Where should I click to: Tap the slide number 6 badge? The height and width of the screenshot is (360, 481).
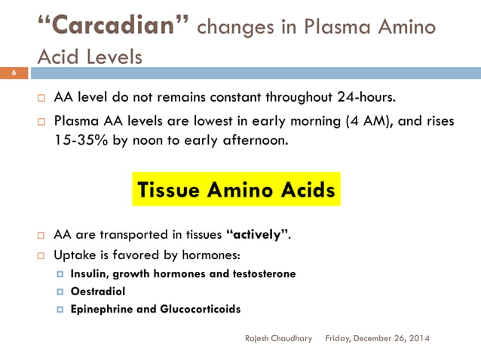point(13,72)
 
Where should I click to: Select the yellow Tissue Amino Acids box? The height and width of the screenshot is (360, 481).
point(236,191)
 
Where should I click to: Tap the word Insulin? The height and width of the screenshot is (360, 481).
point(92,273)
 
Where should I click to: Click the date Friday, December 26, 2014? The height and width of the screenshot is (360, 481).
point(377,338)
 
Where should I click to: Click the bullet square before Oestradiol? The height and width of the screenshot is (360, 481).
point(60,291)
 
